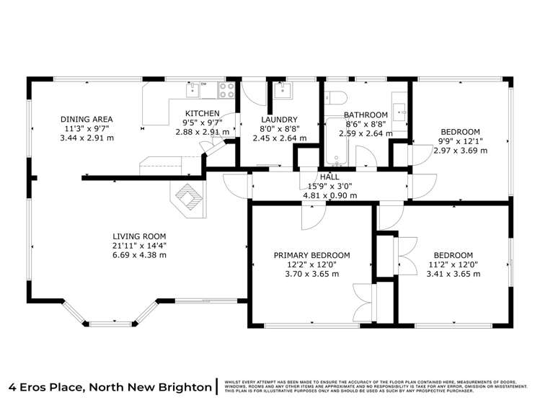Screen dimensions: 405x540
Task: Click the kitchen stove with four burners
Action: point(226,90)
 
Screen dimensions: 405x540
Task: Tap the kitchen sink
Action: point(193,89)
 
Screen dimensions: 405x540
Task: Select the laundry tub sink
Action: point(282,89)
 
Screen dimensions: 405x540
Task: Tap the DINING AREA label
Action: point(87,120)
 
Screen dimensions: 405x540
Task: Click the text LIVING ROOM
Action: point(139,236)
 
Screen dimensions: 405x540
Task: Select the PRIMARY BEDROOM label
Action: point(311,255)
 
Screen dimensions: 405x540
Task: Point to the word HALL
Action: point(329,177)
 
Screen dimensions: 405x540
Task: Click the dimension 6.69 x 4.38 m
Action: point(139,255)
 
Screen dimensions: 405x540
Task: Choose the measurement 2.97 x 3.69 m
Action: point(463,151)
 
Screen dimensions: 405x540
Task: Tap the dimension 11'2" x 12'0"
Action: point(453,264)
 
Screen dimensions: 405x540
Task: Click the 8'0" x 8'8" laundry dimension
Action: point(280,130)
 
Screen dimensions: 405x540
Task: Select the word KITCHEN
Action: point(202,114)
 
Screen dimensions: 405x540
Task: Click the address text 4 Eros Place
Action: point(45,387)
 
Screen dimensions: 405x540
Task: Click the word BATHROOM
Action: point(366,115)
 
